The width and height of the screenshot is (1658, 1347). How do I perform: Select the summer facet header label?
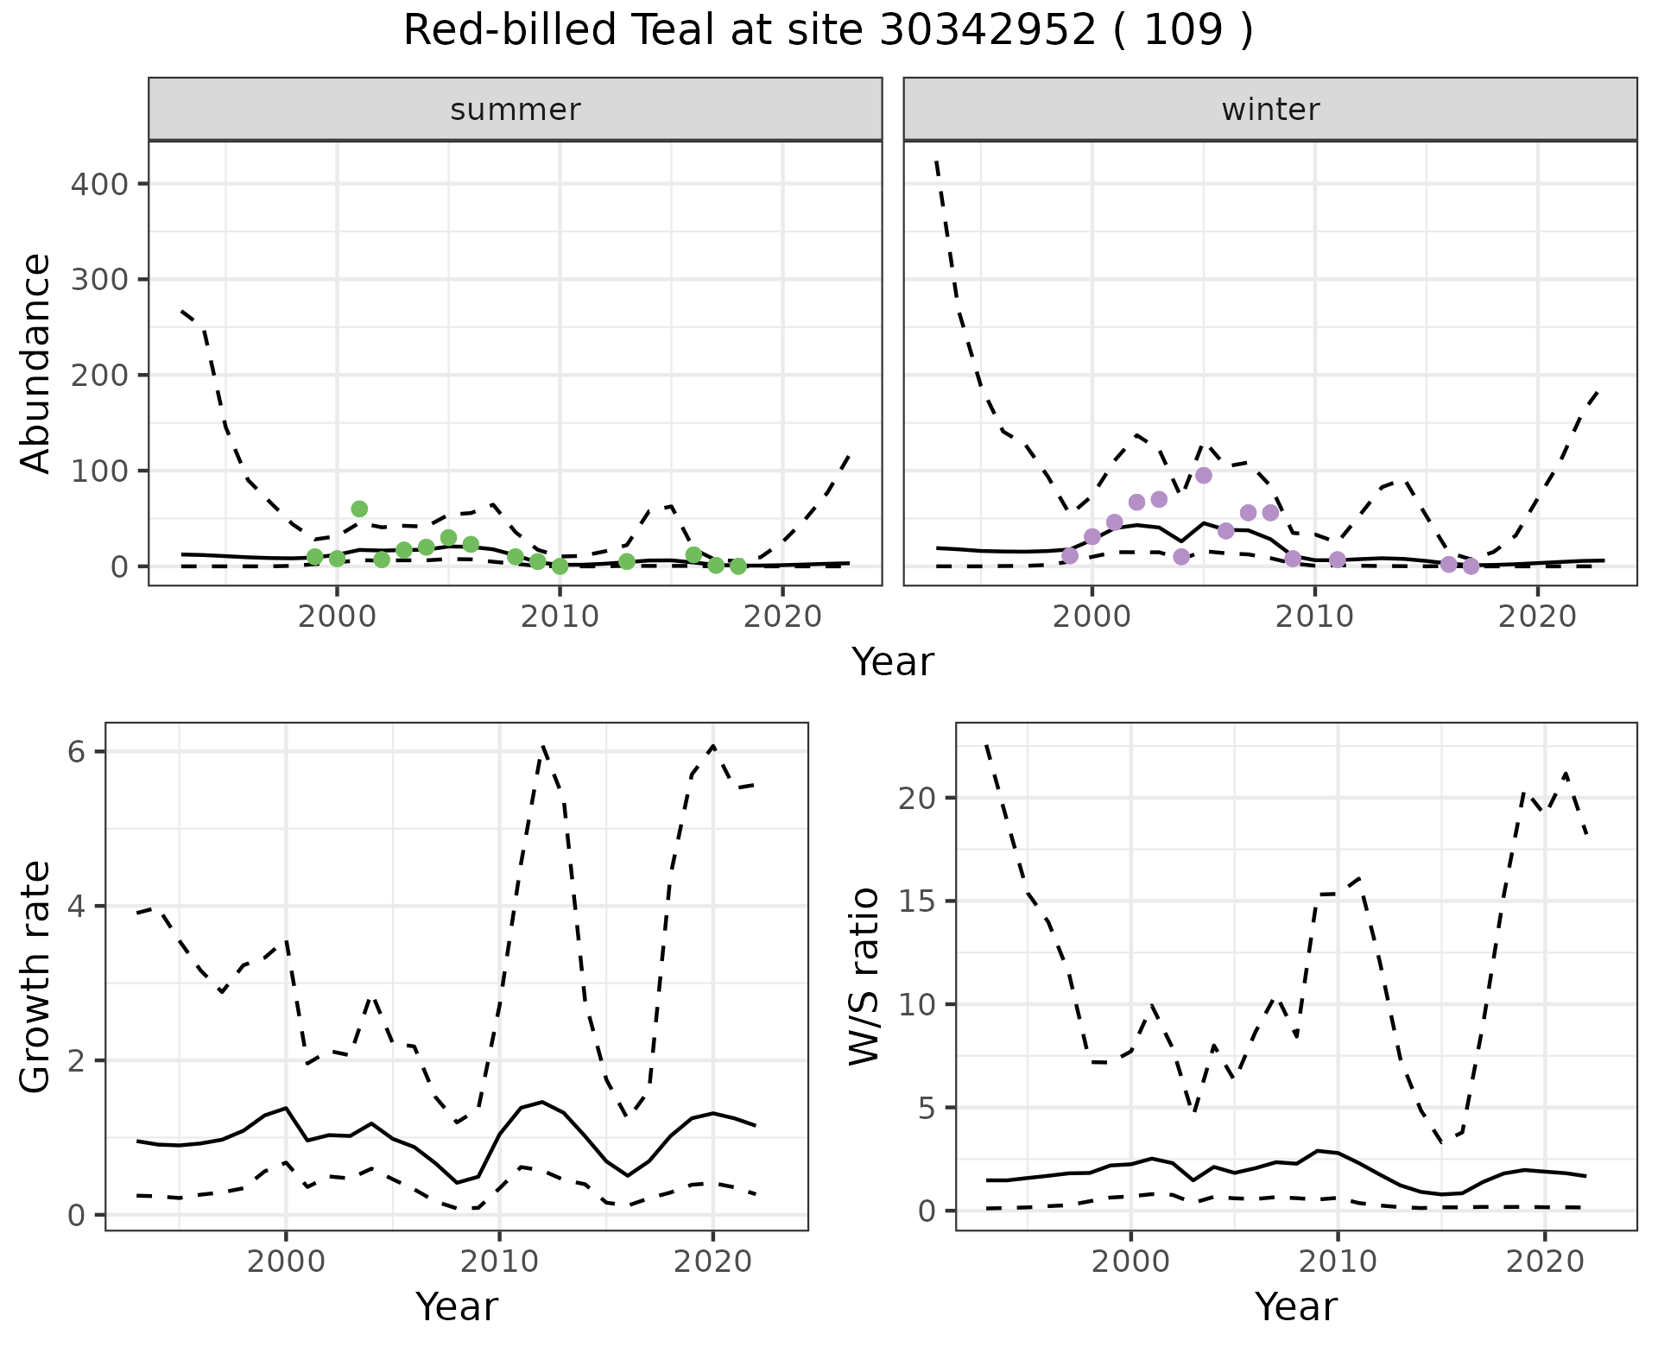click(x=515, y=110)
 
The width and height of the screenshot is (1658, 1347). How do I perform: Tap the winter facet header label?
click(x=1269, y=110)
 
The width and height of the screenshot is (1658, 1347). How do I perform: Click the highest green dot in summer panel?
click(x=359, y=509)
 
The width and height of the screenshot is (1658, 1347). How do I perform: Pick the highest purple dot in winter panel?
click(x=1204, y=476)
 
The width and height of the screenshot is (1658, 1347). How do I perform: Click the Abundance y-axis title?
click(x=36, y=363)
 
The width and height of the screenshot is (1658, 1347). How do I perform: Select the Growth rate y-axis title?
click(x=36, y=977)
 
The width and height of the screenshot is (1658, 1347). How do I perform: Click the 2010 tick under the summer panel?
click(x=560, y=617)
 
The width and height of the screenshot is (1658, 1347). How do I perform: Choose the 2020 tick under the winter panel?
click(x=1537, y=617)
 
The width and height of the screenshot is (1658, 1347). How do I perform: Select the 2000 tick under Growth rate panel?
click(x=286, y=1262)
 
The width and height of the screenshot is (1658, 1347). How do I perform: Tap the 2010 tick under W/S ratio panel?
click(x=1337, y=1262)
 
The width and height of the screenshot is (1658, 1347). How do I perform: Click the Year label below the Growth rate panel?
click(x=457, y=1307)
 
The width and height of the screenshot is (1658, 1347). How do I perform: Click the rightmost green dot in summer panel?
click(x=737, y=566)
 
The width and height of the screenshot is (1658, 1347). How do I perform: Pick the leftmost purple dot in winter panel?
click(x=1070, y=555)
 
